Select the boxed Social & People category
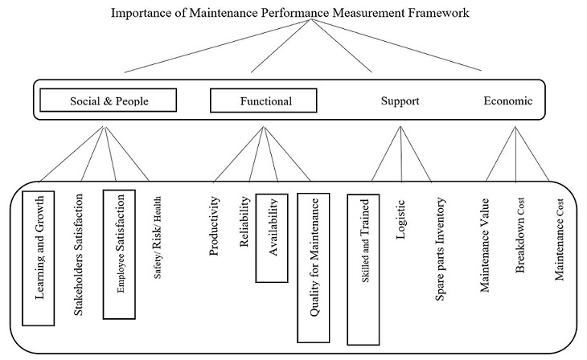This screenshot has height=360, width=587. point(106,100)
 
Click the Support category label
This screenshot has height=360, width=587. point(400,101)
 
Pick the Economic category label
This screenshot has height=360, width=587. point(507,101)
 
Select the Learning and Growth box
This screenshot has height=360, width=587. point(38,257)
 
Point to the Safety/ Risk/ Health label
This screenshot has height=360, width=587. point(158,238)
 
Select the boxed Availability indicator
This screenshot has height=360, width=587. point(273,238)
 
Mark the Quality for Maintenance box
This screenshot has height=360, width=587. point(314,256)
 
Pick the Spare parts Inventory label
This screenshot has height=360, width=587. point(440,246)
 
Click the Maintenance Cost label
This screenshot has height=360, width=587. point(560,239)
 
